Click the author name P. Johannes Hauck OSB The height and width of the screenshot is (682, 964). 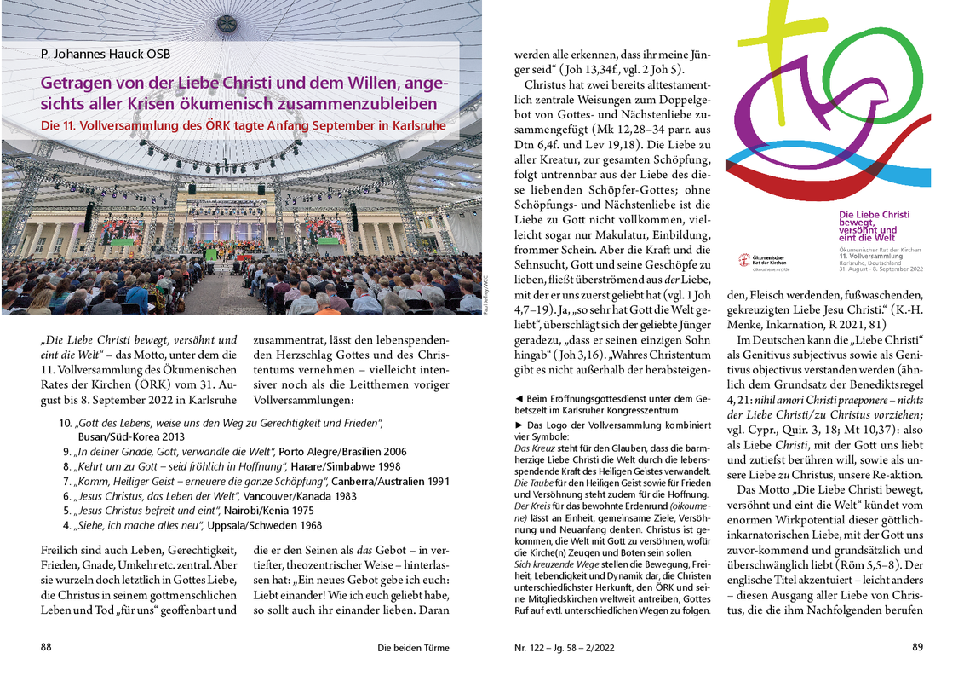coord(105,55)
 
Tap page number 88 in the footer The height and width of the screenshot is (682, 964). coord(46,647)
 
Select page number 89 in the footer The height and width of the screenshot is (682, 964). coord(917,647)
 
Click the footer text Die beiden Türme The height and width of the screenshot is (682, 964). coord(413,648)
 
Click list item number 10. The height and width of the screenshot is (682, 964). coord(65,424)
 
